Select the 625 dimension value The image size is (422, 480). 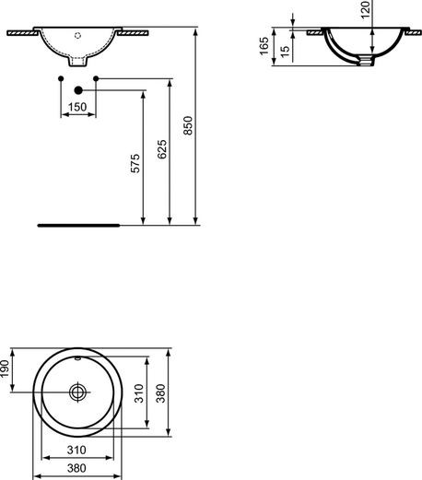tap(162, 153)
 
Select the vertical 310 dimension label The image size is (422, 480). tap(137, 396)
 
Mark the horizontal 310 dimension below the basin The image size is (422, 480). tap(77, 450)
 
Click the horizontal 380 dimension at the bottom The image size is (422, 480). tap(77, 466)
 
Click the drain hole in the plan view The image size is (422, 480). tap(77, 392)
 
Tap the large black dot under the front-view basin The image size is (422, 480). tap(77, 90)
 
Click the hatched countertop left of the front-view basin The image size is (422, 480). tap(23, 31)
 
